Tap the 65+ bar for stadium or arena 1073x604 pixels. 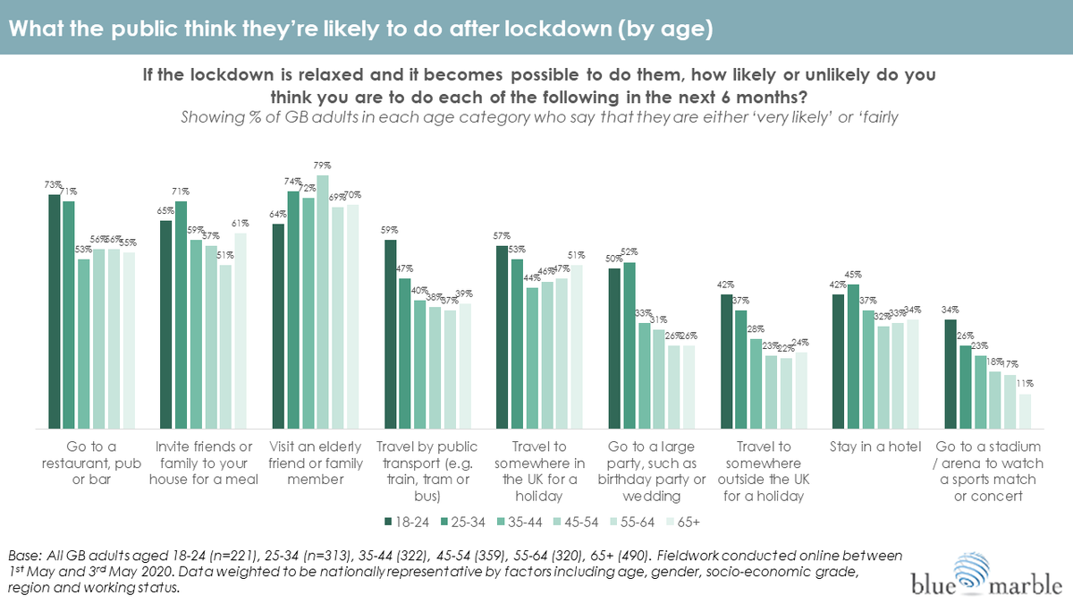pyautogui.click(x=1025, y=411)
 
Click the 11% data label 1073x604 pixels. pyautogui.click(x=1026, y=385)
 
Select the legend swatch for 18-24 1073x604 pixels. pyautogui.click(x=387, y=520)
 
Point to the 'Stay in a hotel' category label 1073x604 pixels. pyautogui.click(x=874, y=447)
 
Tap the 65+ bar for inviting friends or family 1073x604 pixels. pyautogui.click(x=241, y=330)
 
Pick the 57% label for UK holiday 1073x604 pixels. pyautogui.click(x=503, y=236)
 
